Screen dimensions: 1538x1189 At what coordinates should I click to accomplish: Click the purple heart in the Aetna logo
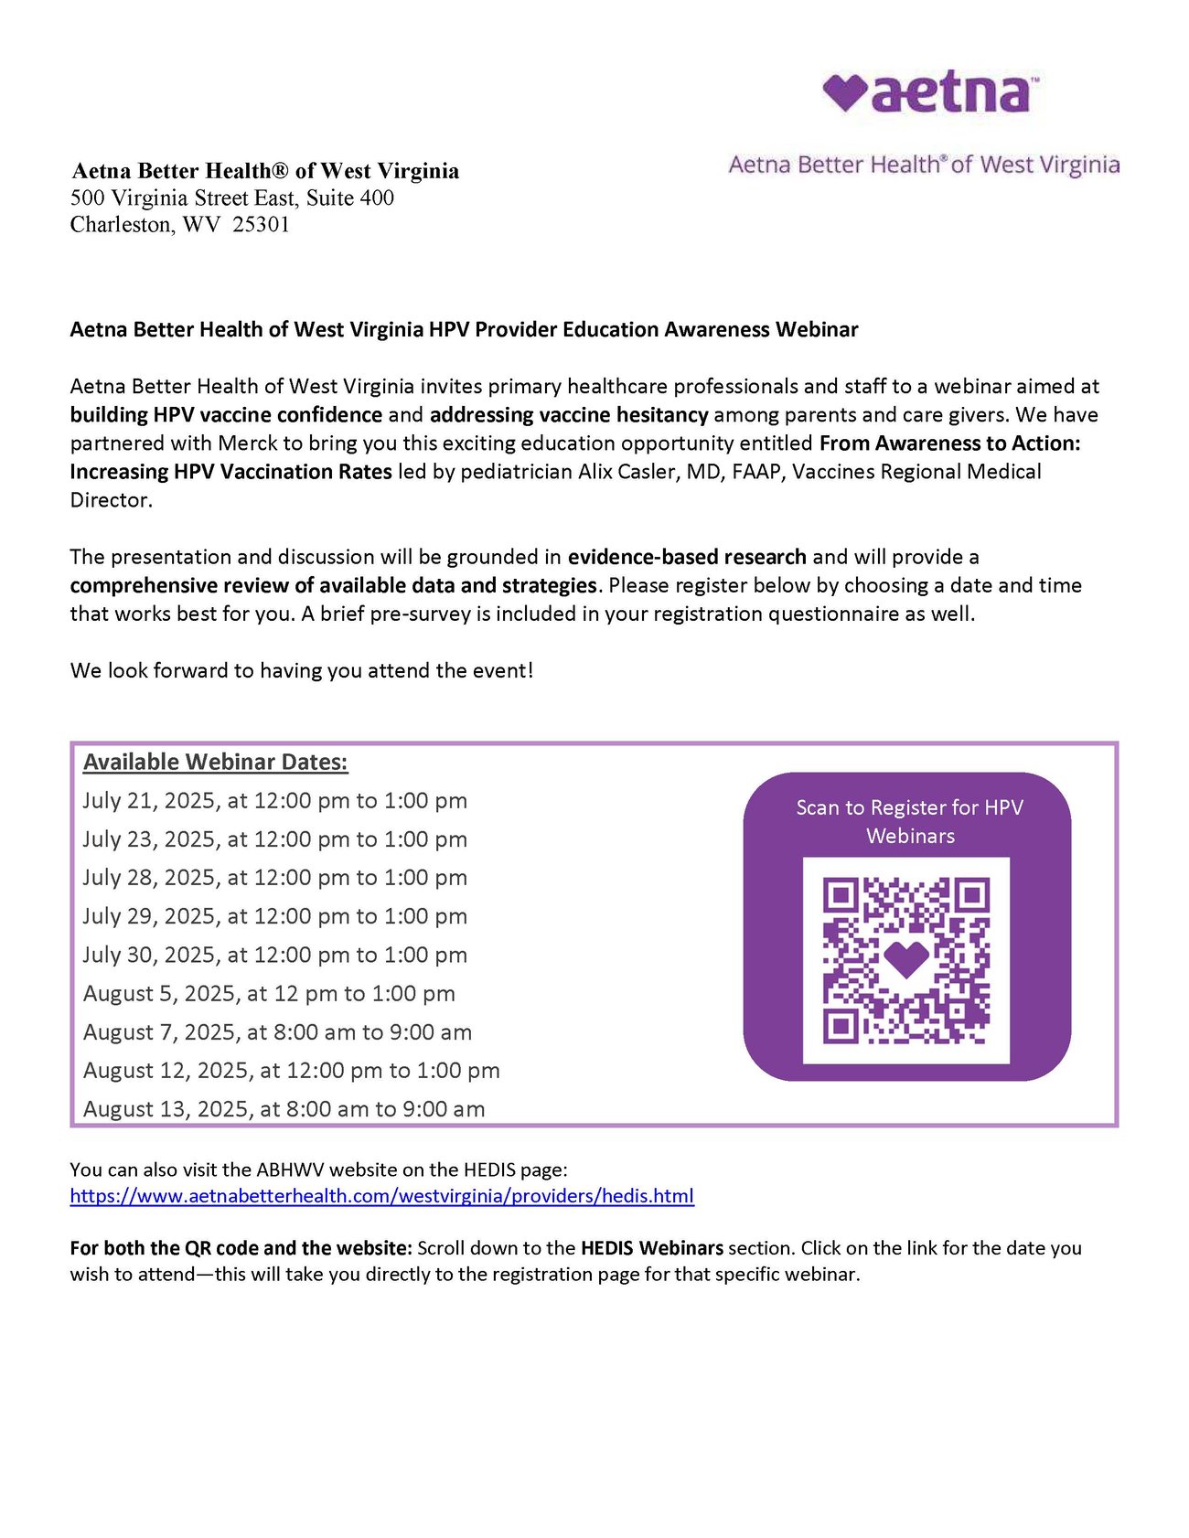pyautogui.click(x=843, y=91)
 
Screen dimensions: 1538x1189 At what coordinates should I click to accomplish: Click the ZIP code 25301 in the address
pyautogui.click(x=261, y=225)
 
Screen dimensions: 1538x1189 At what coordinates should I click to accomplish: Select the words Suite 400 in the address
pyautogui.click(x=350, y=198)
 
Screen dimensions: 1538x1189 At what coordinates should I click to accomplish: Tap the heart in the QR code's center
pyautogui.click(x=906, y=958)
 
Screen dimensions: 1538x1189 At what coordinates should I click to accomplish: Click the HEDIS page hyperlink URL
pyautogui.click(x=381, y=1196)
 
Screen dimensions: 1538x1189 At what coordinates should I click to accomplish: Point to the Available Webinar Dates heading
pyautogui.click(x=216, y=763)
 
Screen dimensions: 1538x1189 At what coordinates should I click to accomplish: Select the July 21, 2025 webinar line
pyautogui.click(x=274, y=801)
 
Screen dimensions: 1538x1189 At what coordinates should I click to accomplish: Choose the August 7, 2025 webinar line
pyautogui.click(x=277, y=1032)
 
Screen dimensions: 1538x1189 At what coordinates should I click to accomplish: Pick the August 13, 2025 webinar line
pyautogui.click(x=284, y=1109)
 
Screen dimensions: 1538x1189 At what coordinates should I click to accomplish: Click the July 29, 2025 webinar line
pyautogui.click(x=274, y=916)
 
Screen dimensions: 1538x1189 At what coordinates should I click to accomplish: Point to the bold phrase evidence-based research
pyautogui.click(x=687, y=557)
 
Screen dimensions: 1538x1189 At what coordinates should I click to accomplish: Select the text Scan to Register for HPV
pyautogui.click(x=909, y=807)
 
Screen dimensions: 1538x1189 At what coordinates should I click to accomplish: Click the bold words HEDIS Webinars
pyautogui.click(x=652, y=1248)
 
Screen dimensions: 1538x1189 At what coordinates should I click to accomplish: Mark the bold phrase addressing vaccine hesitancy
pyautogui.click(x=569, y=415)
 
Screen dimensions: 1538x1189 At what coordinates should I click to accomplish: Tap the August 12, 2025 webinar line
pyautogui.click(x=291, y=1071)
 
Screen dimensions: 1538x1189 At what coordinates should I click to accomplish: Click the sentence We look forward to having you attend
pyautogui.click(x=301, y=671)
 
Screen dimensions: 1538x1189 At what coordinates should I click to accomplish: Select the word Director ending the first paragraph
pyautogui.click(x=111, y=500)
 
